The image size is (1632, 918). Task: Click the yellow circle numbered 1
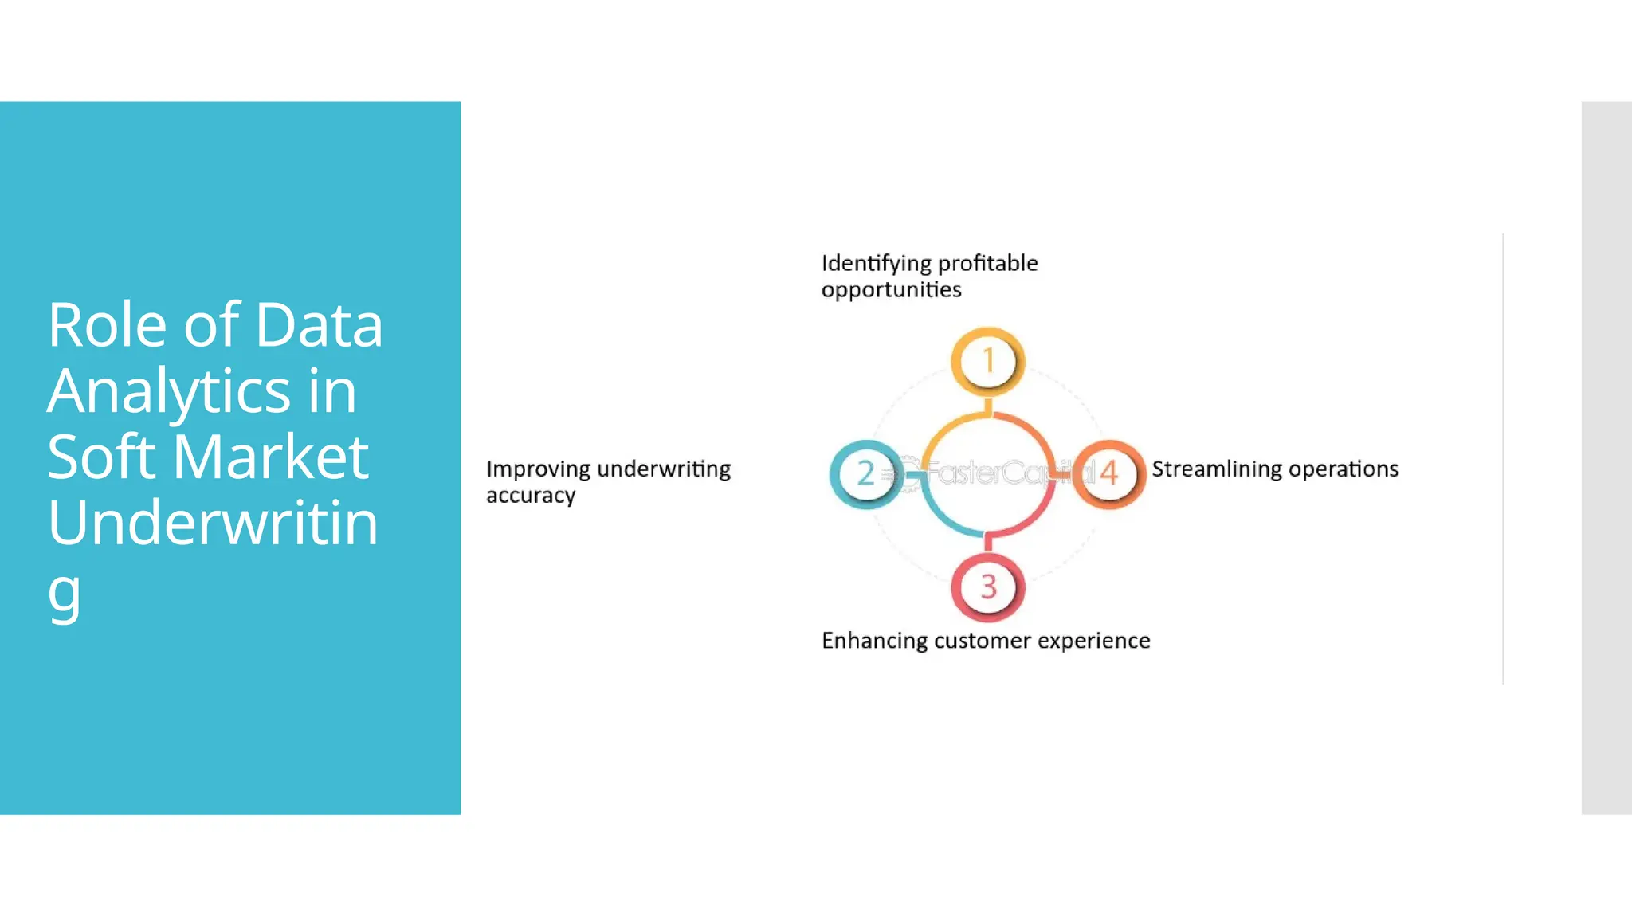(x=987, y=361)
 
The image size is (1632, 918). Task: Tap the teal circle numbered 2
(x=866, y=473)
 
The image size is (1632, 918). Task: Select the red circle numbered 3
(x=988, y=587)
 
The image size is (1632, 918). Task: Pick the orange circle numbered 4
(x=1108, y=473)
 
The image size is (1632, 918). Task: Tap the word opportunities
(x=891, y=290)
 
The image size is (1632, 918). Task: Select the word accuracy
(x=531, y=496)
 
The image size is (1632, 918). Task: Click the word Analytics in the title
(x=168, y=391)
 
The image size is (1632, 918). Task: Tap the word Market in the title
(x=270, y=457)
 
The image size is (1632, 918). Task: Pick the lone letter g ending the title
(x=64, y=593)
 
